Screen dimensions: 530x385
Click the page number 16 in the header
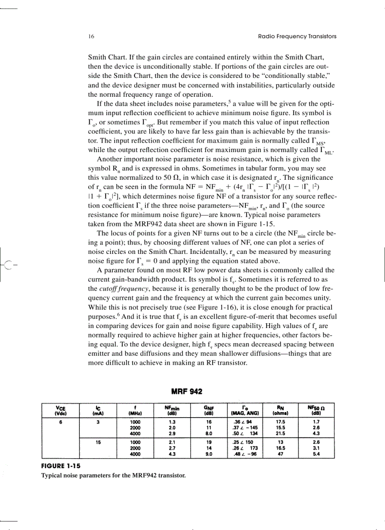click(x=91, y=36)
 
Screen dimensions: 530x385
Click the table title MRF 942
click(x=187, y=392)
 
